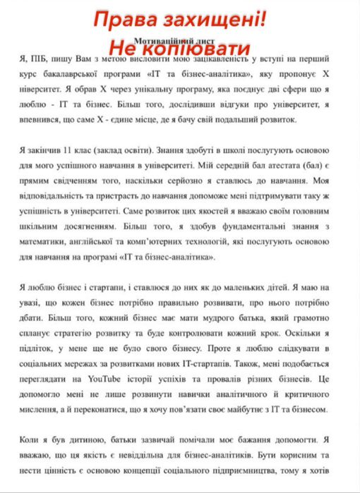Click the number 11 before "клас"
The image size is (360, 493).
67,152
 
